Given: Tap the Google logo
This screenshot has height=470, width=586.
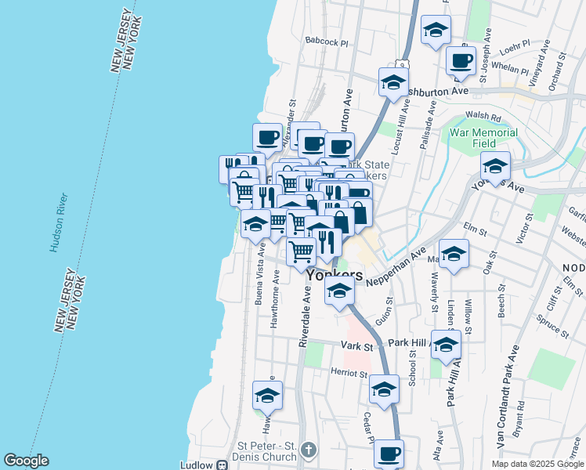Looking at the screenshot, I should coord(26,461).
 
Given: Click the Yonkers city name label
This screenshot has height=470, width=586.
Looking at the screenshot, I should coord(335,276).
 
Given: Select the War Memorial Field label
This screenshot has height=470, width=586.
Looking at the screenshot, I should coord(483,139).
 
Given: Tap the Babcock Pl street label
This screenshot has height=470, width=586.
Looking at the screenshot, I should coord(326,42).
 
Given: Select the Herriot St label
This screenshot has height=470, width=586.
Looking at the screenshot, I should coord(349,374).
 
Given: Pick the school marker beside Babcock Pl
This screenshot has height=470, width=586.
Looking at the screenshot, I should coord(436,31).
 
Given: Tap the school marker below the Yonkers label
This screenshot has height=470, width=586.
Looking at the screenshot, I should coord(338,291).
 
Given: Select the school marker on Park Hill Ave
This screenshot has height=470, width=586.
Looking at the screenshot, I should coord(446,345).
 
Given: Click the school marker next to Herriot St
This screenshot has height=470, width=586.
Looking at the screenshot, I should coord(384,389).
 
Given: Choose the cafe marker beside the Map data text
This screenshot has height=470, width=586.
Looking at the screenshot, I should coord(388,453).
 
